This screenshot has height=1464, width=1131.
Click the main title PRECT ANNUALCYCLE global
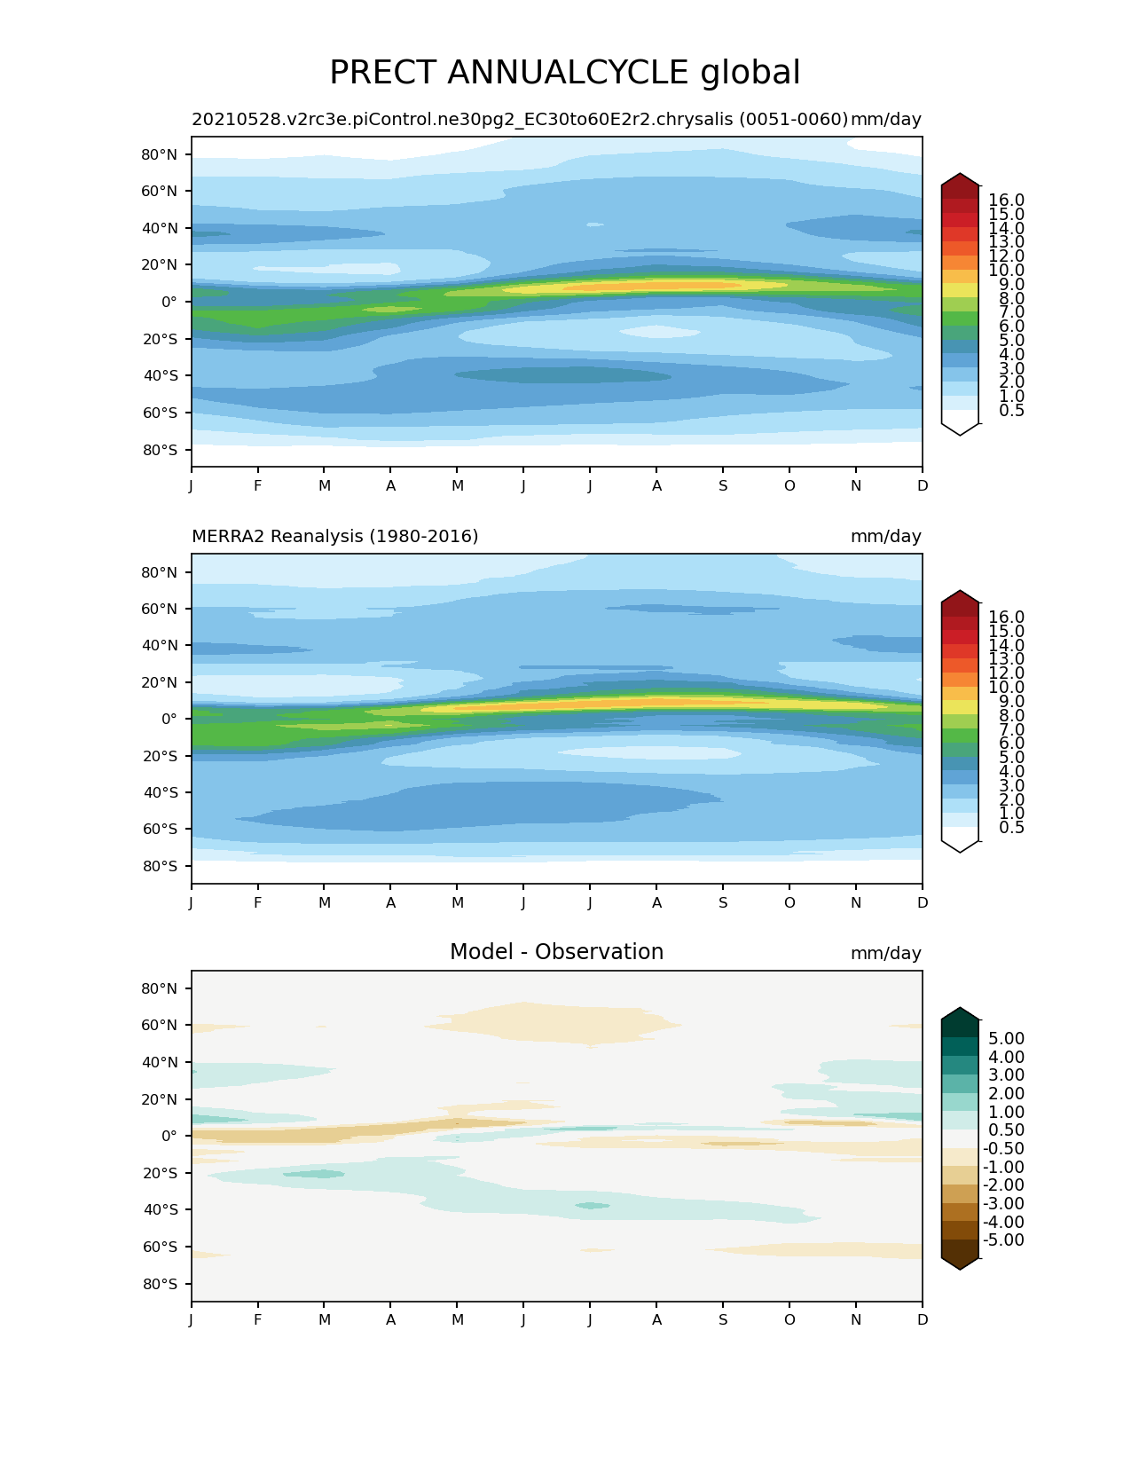tap(564, 73)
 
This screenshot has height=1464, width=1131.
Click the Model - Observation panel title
tap(556, 952)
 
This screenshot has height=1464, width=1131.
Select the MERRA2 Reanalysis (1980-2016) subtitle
tap(334, 536)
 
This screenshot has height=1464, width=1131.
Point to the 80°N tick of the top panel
tap(160, 154)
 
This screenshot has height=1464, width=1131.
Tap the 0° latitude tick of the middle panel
tap(169, 719)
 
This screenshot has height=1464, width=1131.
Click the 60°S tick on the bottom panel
tap(160, 1247)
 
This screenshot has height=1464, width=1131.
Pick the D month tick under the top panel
tap(923, 486)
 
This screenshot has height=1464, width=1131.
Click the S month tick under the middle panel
tap(723, 903)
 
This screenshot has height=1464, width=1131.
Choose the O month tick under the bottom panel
tap(789, 1319)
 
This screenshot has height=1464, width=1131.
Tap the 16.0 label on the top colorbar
tap(1006, 201)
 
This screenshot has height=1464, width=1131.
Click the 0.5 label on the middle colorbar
tap(1006, 828)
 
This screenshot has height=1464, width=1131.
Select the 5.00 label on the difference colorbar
tap(1006, 1039)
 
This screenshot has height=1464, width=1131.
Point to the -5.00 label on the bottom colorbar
tap(1003, 1240)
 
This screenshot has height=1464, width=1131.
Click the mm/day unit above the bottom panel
tap(885, 954)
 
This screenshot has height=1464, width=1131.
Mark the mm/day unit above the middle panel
tap(885, 537)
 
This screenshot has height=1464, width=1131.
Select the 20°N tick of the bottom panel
tap(160, 1099)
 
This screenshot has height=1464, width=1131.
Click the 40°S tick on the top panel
tap(160, 375)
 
